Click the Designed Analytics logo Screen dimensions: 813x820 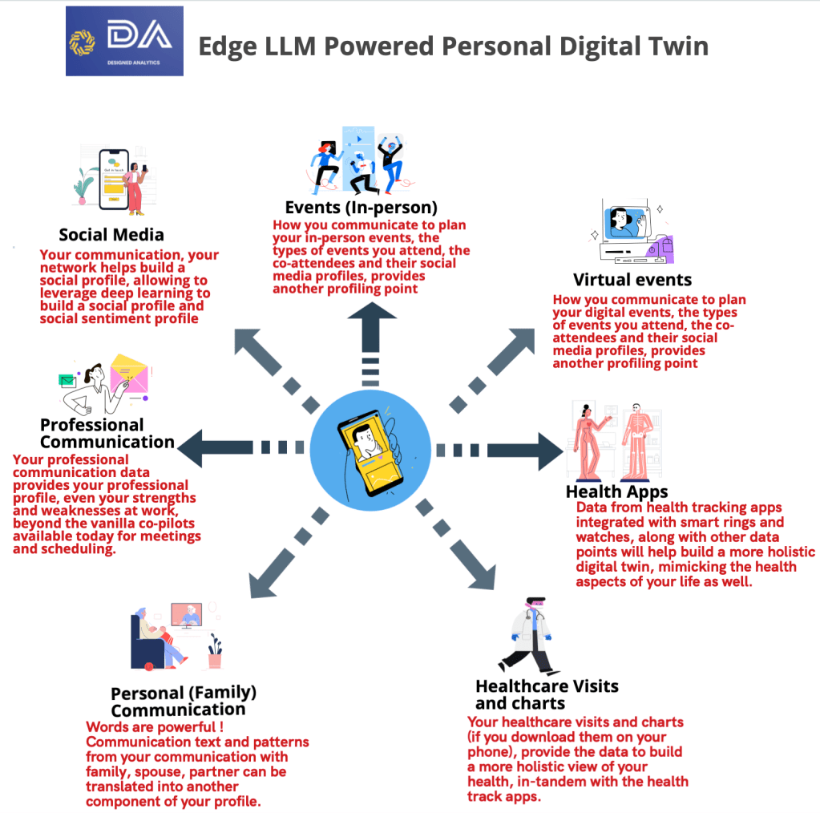pyautogui.click(x=124, y=41)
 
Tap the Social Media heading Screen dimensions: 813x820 pyautogui.click(x=111, y=234)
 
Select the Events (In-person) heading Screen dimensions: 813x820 pyautogui.click(x=362, y=208)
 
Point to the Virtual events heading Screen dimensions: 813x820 pyautogui.click(x=632, y=280)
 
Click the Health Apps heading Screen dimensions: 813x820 pyautogui.click(x=617, y=491)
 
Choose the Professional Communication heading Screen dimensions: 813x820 pyautogui.click(x=107, y=433)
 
